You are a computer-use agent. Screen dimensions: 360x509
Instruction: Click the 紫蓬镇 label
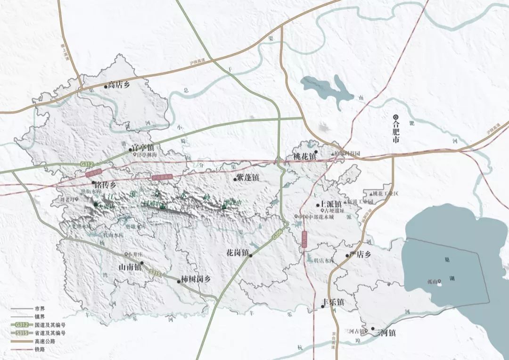(x=247, y=178)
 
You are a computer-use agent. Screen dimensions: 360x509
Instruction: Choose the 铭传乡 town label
(x=106, y=185)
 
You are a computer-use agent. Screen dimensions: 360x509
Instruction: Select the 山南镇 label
(x=130, y=267)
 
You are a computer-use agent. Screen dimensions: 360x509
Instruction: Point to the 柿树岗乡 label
(x=196, y=279)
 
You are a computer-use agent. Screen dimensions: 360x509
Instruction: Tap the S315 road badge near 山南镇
(x=155, y=272)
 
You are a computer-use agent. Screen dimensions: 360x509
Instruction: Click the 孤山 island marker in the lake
(x=439, y=283)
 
